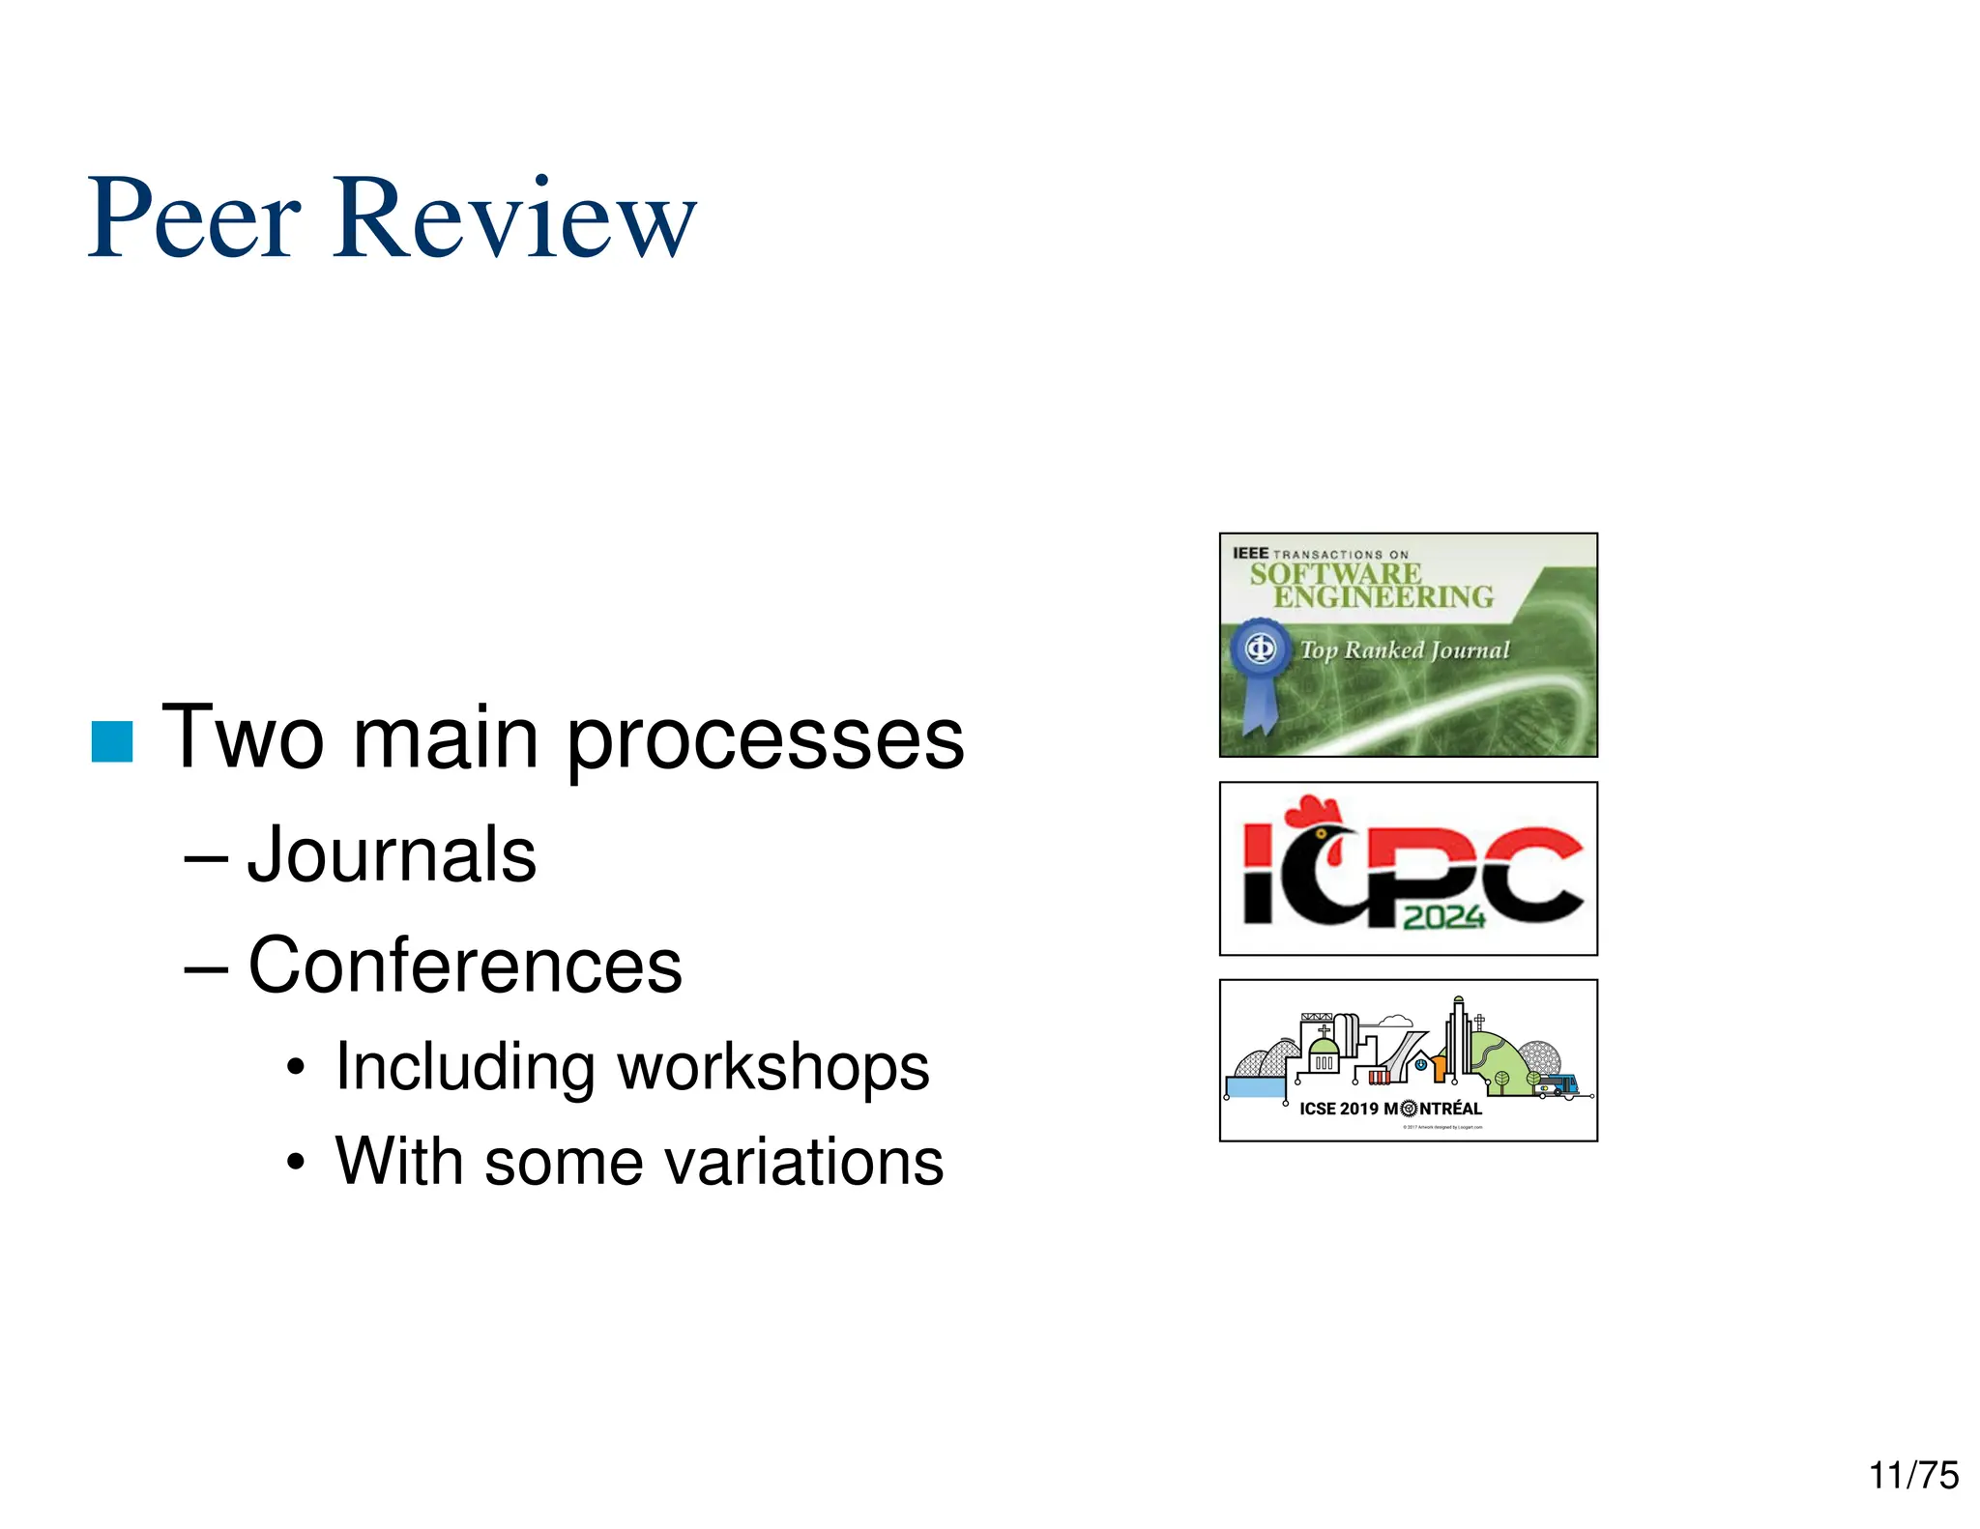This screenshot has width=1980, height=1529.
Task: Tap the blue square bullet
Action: [112, 741]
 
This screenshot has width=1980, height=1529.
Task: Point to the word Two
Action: [243, 739]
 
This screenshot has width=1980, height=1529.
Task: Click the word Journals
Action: [392, 855]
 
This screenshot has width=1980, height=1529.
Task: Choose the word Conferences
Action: [465, 966]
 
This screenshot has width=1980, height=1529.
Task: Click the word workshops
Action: [773, 1068]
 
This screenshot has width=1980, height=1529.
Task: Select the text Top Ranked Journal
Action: [1404, 650]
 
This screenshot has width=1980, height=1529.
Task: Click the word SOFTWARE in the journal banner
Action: [1335, 574]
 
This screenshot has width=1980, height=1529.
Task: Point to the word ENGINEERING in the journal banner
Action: [1383, 597]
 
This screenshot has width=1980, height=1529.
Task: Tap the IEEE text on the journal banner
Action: [1250, 553]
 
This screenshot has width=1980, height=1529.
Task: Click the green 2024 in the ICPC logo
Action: [1443, 916]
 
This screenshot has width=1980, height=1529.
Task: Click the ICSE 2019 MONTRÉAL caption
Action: [1390, 1109]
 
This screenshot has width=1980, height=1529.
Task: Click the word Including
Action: [464, 1068]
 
